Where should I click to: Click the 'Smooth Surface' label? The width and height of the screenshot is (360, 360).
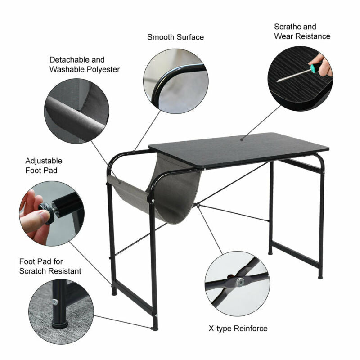[x=175, y=37]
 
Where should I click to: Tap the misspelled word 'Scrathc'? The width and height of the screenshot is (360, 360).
[x=287, y=27]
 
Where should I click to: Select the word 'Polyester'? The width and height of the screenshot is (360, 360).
[x=104, y=70]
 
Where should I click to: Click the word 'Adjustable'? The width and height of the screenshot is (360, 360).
[x=44, y=161]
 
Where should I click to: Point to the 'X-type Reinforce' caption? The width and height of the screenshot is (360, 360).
[x=238, y=328]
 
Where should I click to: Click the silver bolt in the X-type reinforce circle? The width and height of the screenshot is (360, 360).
[x=240, y=282]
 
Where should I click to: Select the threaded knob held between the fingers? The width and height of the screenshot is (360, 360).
[x=47, y=212]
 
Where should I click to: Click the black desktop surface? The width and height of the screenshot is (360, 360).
[x=239, y=150]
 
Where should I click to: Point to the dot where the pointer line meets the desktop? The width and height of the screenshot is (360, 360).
[x=242, y=139]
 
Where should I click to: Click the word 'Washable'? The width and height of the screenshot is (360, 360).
[x=68, y=70]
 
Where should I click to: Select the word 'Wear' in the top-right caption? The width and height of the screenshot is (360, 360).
[x=283, y=36]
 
